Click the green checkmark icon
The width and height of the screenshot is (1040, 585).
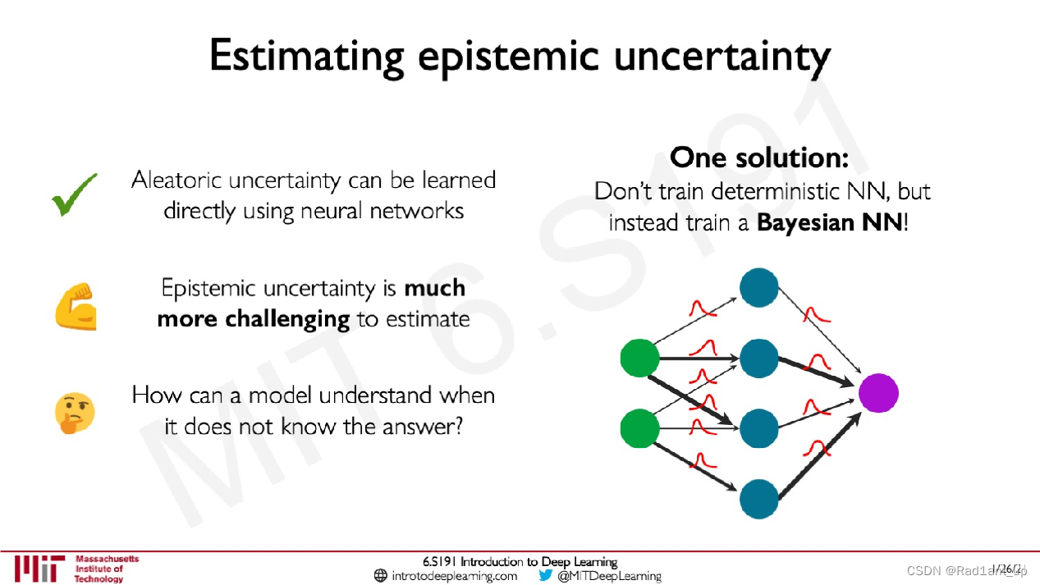pyautogui.click(x=74, y=194)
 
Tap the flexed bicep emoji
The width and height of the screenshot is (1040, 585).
pyautogui.click(x=76, y=306)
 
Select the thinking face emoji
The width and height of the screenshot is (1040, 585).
pyautogui.click(x=75, y=413)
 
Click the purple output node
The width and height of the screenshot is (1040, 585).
pyautogui.click(x=878, y=393)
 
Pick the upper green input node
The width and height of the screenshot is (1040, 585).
pyautogui.click(x=639, y=358)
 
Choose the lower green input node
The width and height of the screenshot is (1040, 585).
pyautogui.click(x=639, y=428)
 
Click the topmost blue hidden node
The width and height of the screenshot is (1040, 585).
pyautogui.click(x=759, y=287)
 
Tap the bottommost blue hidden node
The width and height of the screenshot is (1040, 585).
pyautogui.click(x=759, y=499)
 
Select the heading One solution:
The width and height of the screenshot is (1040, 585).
pyautogui.click(x=759, y=157)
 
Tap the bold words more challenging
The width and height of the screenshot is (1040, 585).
pyautogui.click(x=253, y=318)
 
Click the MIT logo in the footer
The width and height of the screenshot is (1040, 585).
pyautogui.click(x=39, y=568)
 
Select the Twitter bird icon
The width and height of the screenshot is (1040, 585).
pyautogui.click(x=546, y=575)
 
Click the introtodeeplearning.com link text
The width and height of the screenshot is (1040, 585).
pyautogui.click(x=454, y=576)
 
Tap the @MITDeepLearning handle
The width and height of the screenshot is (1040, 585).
pyautogui.click(x=609, y=576)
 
